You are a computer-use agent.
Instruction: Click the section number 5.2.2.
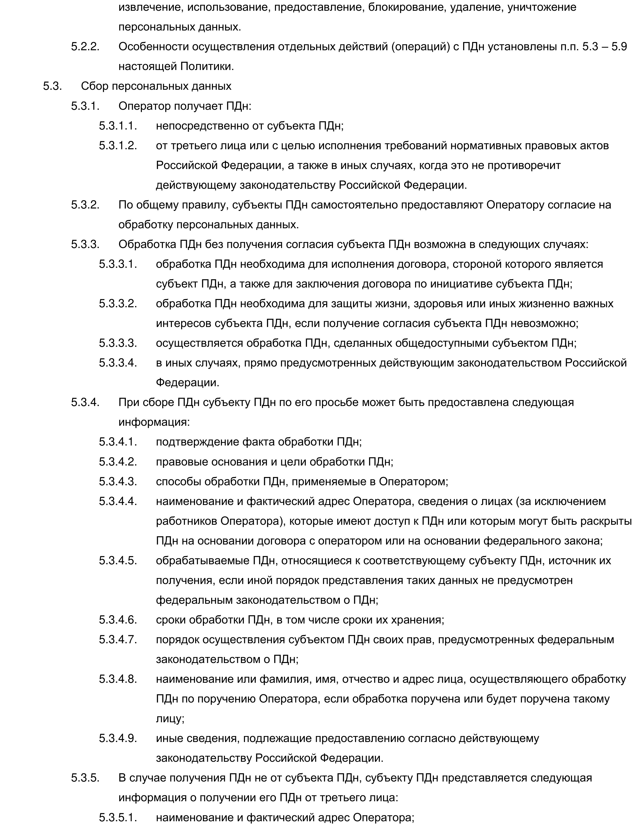85,47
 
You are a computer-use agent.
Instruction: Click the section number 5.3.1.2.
118,145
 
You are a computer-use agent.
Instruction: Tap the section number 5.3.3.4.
118,363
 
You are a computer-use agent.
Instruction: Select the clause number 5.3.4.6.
118,620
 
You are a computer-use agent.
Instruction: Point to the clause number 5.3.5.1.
118,817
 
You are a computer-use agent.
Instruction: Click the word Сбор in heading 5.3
95,86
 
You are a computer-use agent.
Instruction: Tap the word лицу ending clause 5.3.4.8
170,719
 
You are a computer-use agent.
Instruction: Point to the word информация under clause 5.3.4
153,422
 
